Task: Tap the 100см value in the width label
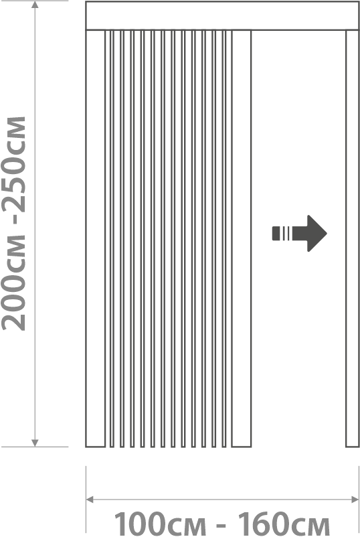point(160,524)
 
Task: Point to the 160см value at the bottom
point(283,524)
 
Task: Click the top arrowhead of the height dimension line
point(35,5)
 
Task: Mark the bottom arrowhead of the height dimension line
point(35,443)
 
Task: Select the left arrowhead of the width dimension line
point(90,500)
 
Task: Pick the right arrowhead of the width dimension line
point(355,500)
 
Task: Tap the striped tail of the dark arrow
point(282,233)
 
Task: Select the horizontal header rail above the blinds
point(222,16)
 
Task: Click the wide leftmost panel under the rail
point(96,239)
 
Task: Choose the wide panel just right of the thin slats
point(242,239)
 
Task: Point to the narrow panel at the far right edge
point(352,239)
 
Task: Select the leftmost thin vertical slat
point(112,239)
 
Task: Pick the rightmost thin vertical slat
point(224,239)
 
